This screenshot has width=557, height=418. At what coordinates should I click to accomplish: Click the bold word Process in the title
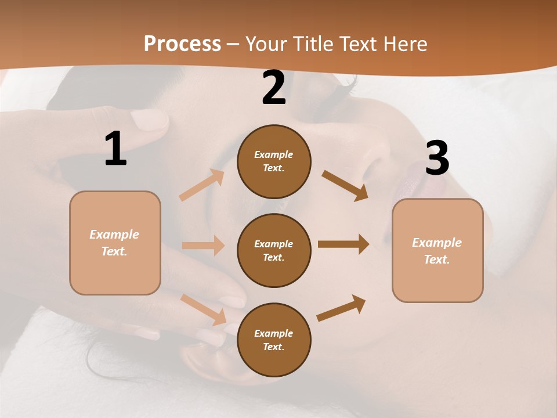point(182,44)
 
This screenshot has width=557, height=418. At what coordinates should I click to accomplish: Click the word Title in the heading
point(313,44)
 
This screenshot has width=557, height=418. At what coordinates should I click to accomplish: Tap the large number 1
point(115,149)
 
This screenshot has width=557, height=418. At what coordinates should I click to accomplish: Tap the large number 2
point(274,88)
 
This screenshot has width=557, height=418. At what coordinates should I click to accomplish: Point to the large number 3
point(437,158)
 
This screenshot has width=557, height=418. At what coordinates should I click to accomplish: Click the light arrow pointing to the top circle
point(201,185)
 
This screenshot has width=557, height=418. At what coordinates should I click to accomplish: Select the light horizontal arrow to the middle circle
point(203,246)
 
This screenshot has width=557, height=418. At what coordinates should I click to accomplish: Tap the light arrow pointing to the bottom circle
point(203,309)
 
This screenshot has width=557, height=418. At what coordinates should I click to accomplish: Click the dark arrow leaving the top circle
point(345,185)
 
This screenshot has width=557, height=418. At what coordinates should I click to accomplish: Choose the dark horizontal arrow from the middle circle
point(343,244)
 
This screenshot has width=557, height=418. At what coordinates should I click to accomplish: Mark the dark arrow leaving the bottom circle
point(341,308)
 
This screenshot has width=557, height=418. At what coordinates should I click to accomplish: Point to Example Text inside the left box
point(114,243)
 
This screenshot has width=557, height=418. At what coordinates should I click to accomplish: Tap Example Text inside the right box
point(437,251)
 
